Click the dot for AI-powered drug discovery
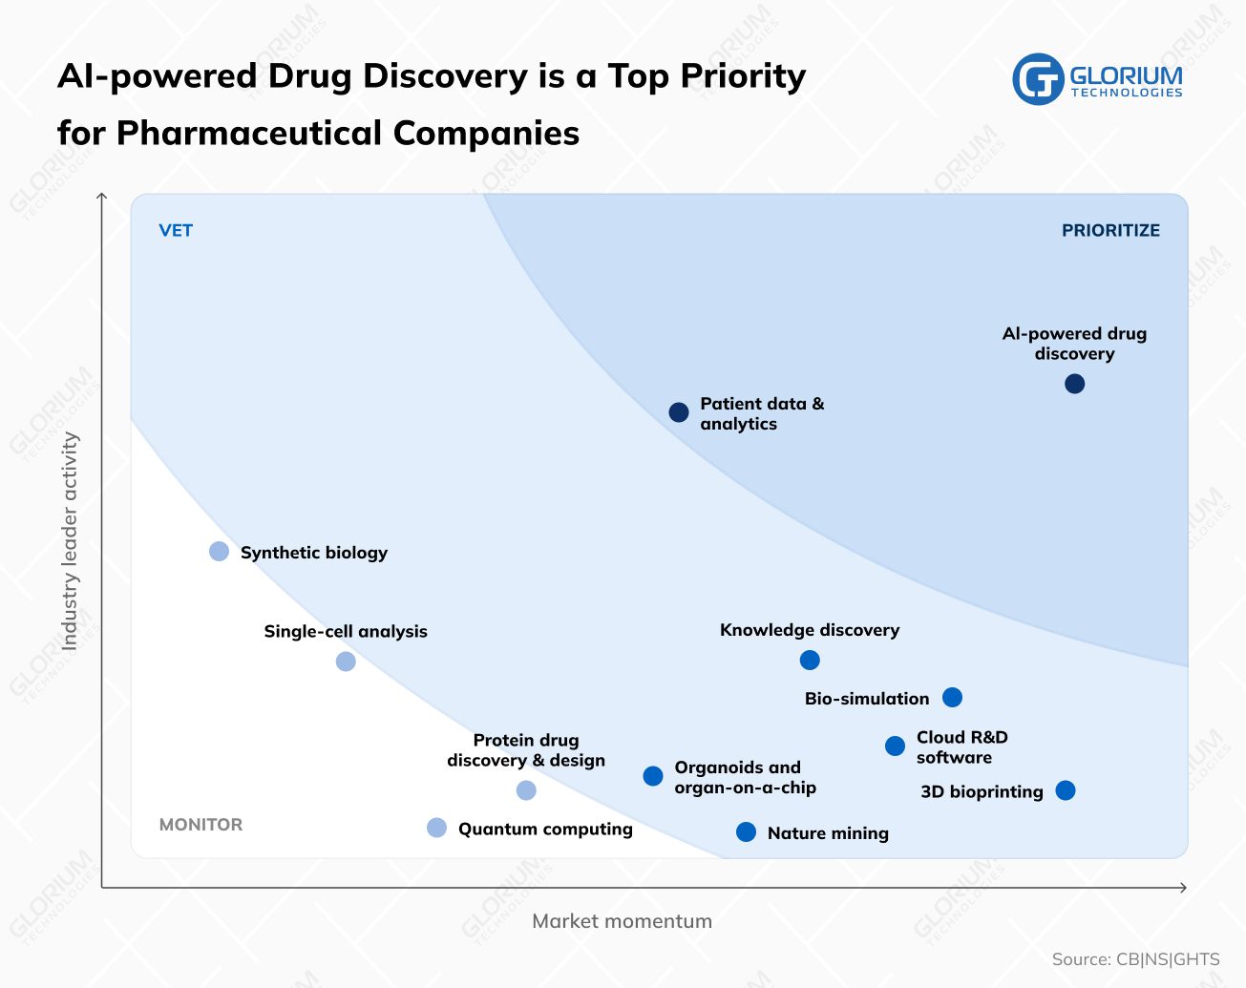click(x=1074, y=384)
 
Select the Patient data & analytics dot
click(x=679, y=412)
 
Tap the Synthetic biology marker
click(x=219, y=552)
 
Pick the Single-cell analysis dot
click(x=346, y=662)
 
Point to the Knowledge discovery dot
click(x=810, y=661)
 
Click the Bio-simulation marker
click(x=952, y=698)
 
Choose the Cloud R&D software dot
click(x=895, y=746)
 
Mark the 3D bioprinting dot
click(x=1066, y=790)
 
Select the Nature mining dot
click(x=747, y=832)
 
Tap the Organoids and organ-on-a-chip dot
click(x=653, y=776)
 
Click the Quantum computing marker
click(x=436, y=828)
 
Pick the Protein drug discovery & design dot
click(x=526, y=790)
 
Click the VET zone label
click(x=176, y=231)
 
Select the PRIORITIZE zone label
click(x=1110, y=231)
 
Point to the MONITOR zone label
click(x=201, y=825)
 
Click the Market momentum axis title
click(x=622, y=921)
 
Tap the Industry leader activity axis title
click(x=70, y=541)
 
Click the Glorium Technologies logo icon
click(x=1038, y=79)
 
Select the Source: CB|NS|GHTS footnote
click(x=1135, y=959)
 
